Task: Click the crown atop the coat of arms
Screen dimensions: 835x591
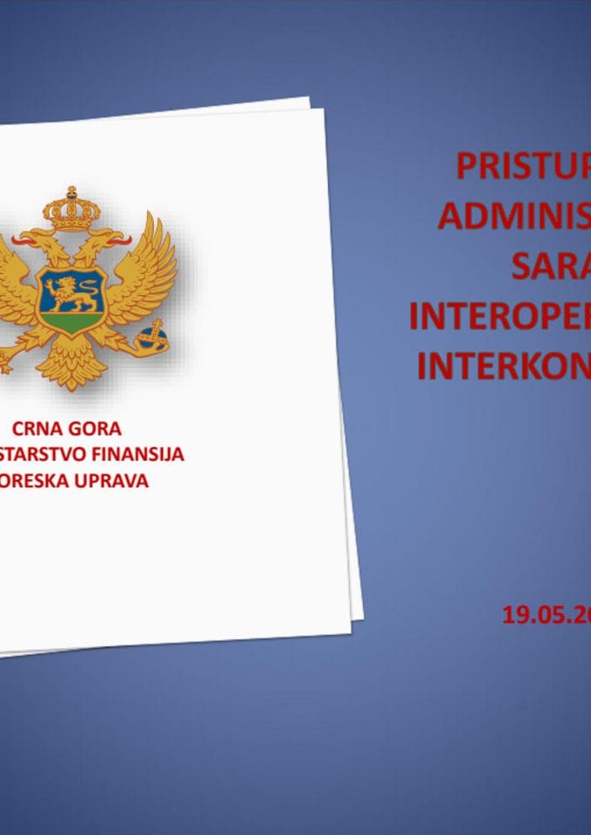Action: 72,210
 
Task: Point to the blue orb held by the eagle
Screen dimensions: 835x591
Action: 153,335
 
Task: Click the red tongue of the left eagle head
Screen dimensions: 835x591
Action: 18,236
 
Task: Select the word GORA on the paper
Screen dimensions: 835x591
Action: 94,429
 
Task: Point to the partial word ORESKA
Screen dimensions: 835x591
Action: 30,479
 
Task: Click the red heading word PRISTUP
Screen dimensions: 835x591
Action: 522,165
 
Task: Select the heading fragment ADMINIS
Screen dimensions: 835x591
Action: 514,215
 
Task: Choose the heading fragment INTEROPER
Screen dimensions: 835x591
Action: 500,317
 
